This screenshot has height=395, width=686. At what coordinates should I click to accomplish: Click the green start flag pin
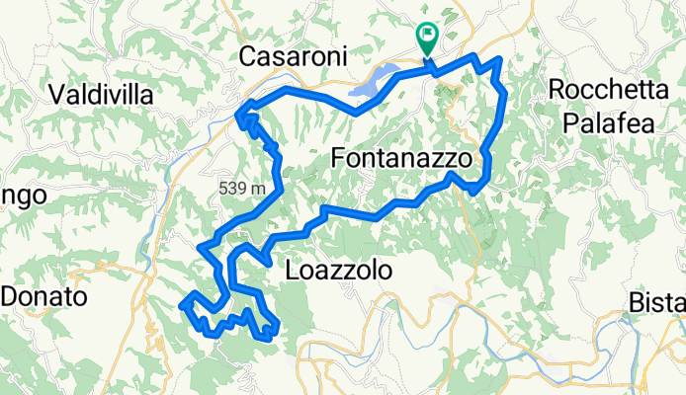[427, 37]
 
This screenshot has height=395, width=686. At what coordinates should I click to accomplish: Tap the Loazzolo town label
[338, 270]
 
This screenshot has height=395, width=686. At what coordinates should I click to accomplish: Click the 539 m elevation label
[244, 188]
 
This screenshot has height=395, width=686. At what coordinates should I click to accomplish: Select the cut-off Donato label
[44, 295]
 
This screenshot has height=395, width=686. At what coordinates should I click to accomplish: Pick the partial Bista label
[659, 302]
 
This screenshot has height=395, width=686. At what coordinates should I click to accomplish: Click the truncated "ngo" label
[24, 195]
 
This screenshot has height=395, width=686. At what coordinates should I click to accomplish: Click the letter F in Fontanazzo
[339, 157]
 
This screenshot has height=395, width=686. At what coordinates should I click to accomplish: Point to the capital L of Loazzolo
[291, 270]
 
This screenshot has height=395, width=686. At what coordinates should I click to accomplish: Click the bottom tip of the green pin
[427, 55]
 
